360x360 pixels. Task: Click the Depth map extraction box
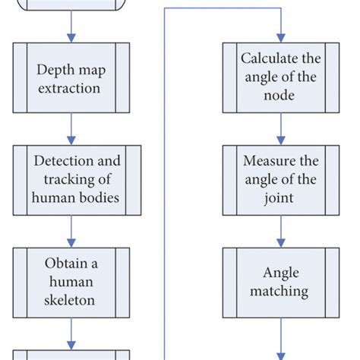[x=71, y=79]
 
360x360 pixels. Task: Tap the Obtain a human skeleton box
[x=71, y=281]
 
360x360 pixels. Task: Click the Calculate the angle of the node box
[x=280, y=77]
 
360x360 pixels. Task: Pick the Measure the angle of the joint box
[x=280, y=181]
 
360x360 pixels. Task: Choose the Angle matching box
[x=280, y=281]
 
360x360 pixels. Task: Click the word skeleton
[x=71, y=299]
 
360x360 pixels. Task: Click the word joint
[x=280, y=199]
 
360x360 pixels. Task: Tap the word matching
[x=280, y=290]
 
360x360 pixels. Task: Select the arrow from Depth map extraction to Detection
[x=71, y=128]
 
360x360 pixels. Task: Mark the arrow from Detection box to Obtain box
[x=71, y=231]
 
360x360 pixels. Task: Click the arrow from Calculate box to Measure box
[x=280, y=128]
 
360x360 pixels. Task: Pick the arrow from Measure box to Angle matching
[x=280, y=231]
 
